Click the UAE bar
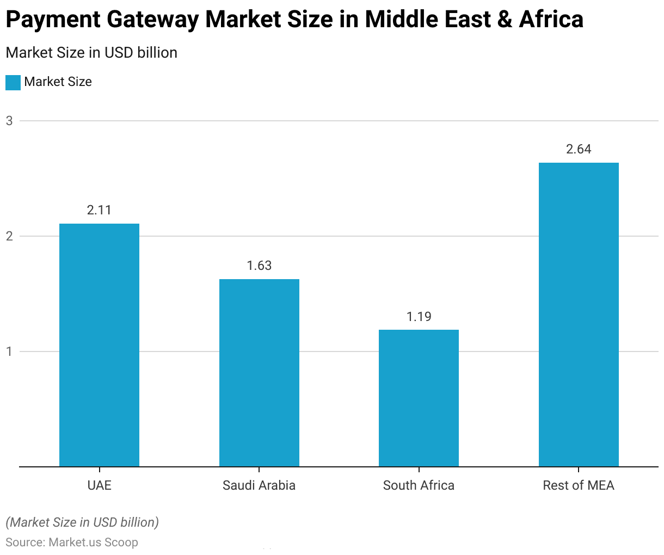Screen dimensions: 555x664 pos(99,345)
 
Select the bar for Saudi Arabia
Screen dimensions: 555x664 pos(259,373)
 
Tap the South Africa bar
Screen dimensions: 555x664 pos(419,398)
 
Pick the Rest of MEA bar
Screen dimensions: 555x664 pos(579,314)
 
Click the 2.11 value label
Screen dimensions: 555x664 pos(99,211)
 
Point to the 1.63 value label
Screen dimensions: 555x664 pos(259,266)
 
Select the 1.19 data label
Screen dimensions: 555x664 pos(419,317)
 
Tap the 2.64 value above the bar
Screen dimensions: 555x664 pos(579,150)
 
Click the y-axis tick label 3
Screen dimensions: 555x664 pos(9,121)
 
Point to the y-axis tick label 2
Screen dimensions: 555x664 pos(9,236)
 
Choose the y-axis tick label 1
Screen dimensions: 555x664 pos(9,351)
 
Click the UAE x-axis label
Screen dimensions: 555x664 pos(99,485)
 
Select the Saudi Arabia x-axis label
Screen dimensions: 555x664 pos(259,485)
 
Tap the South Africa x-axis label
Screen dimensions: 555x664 pos(419,485)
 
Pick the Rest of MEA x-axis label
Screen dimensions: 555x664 pos(579,485)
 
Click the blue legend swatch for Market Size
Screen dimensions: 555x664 pos(13,82)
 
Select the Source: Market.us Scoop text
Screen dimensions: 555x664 pos(72,542)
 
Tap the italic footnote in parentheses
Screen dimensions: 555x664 pos(82,522)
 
